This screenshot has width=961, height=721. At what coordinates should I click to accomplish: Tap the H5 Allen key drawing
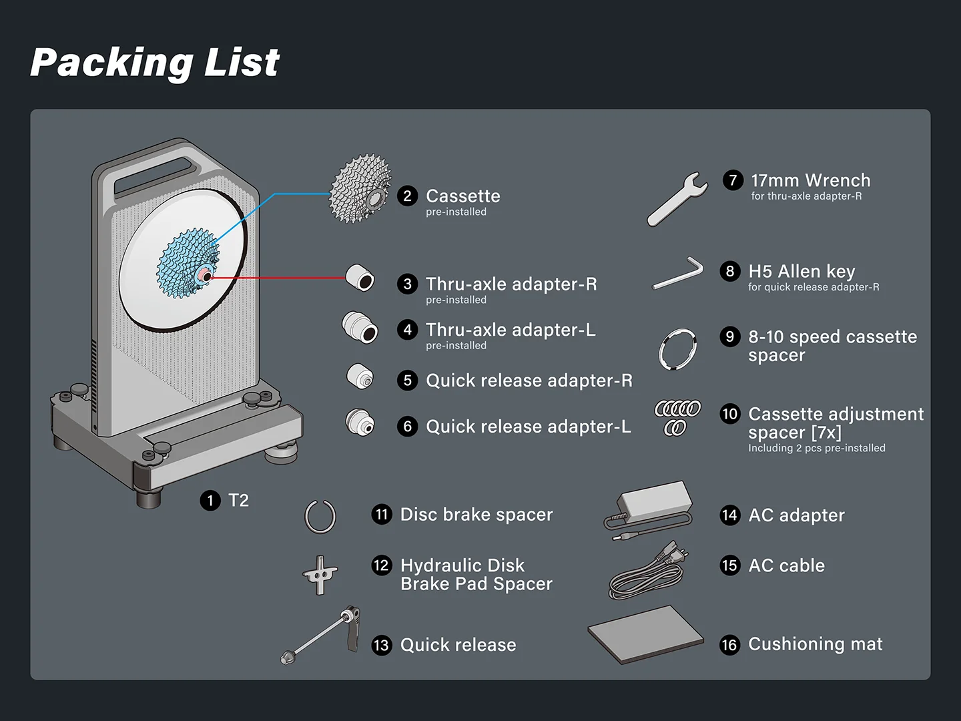click(678, 274)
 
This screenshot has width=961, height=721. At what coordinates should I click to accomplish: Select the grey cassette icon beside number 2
click(360, 189)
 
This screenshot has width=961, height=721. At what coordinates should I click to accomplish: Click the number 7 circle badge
click(732, 180)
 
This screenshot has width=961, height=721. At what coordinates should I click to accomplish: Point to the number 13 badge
click(381, 645)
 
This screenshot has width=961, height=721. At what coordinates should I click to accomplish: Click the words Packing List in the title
click(155, 63)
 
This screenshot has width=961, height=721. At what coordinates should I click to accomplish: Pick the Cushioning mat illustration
click(645, 634)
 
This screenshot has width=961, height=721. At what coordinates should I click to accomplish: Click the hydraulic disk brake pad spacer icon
click(320, 574)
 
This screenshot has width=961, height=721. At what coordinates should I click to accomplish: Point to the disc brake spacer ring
click(320, 517)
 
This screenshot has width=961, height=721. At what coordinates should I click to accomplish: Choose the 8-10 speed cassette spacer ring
click(677, 348)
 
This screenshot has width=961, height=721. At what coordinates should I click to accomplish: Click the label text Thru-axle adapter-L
click(511, 330)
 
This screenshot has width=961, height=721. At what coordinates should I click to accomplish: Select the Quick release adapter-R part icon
click(360, 377)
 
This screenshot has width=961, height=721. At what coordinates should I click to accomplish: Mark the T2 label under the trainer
click(238, 500)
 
